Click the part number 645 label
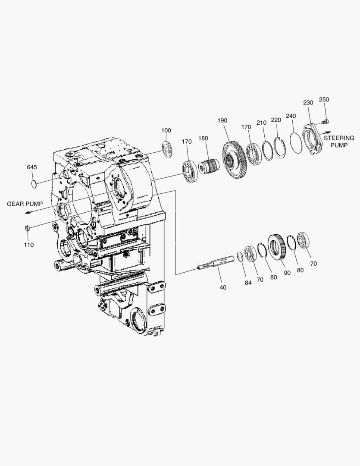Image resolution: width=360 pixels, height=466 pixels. coord(32,167)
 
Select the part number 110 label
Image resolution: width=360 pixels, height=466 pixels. coord(29,245)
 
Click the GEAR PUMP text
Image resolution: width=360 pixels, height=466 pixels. coord(25,204)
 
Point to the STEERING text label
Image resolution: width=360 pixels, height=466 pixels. coord(339,138)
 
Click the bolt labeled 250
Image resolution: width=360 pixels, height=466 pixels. coord(325,122)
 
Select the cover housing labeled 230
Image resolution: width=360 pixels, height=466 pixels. coord(312,140)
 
